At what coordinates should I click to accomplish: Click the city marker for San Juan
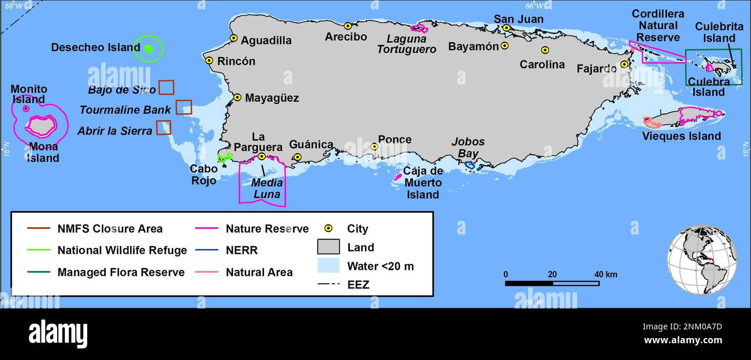tap(506, 28)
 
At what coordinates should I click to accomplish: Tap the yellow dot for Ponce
tap(374, 147)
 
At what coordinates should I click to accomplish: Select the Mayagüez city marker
tap(237, 98)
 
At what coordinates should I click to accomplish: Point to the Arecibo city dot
tap(348, 26)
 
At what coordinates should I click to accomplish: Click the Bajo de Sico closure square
tap(166, 87)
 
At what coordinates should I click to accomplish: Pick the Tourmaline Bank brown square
tap(184, 107)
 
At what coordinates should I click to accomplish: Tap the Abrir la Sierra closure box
tap(164, 127)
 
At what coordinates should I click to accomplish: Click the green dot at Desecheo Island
tap(148, 49)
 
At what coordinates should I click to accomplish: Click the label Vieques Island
tap(682, 136)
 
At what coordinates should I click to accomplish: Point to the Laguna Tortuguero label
tap(406, 44)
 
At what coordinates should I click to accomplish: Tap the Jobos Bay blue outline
tap(470, 165)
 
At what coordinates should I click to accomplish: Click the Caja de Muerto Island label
tap(423, 183)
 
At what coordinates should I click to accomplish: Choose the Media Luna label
tap(267, 188)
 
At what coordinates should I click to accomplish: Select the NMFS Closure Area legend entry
tap(95, 229)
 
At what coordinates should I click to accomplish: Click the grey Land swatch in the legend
tap(328, 247)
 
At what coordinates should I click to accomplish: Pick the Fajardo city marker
tap(624, 65)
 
